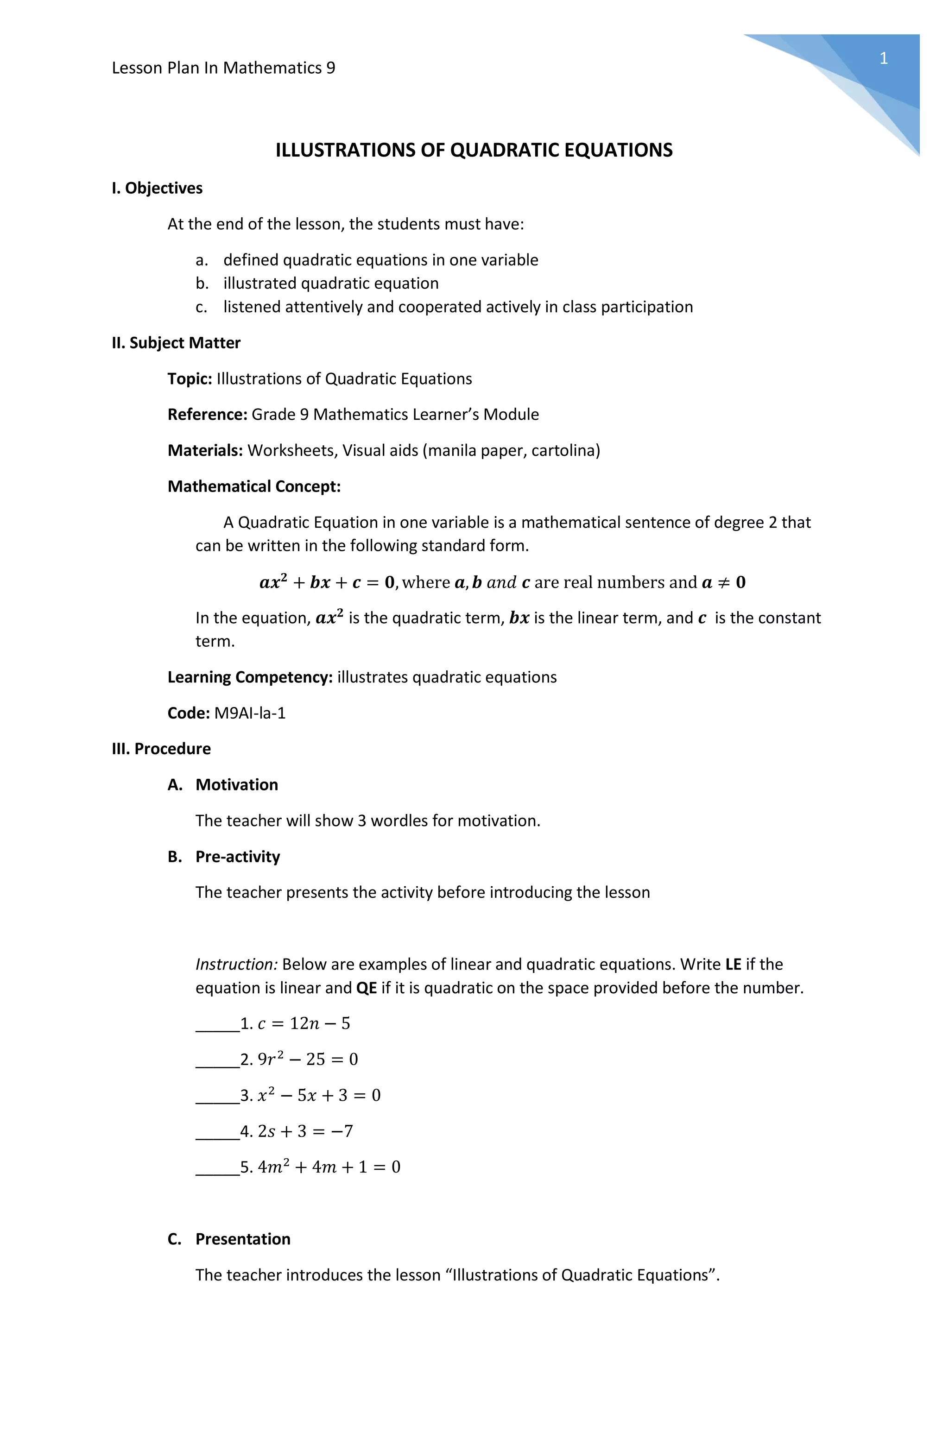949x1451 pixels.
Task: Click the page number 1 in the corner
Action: point(883,58)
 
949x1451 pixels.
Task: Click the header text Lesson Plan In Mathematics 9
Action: point(223,68)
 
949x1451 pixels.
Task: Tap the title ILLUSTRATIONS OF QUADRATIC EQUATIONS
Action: point(474,150)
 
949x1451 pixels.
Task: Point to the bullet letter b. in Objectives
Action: point(202,284)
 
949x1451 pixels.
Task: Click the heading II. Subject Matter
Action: point(176,343)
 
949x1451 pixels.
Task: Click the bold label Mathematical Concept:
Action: point(254,486)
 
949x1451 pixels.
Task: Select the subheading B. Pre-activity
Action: point(224,857)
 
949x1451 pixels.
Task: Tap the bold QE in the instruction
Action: point(366,988)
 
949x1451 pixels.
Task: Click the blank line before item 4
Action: point(217,1133)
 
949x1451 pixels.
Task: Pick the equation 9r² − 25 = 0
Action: point(308,1060)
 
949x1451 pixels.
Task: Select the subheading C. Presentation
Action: point(229,1239)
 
